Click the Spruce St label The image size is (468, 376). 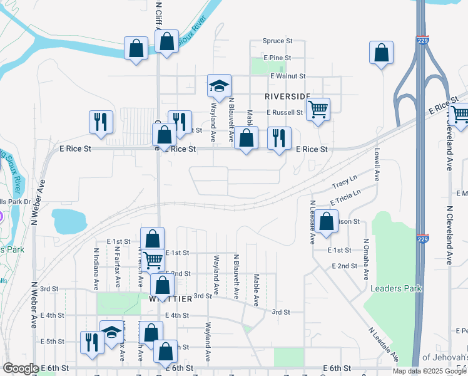[x=277, y=41]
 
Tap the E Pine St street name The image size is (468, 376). [x=277, y=58]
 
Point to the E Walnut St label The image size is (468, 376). [x=287, y=76]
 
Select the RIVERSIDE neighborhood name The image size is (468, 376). [x=287, y=96]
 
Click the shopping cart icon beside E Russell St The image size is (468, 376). [x=318, y=110]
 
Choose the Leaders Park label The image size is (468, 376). [x=396, y=288]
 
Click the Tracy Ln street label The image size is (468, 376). [x=344, y=184]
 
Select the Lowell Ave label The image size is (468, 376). [x=377, y=162]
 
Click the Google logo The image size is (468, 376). [x=21, y=368]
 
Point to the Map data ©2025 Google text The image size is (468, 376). [x=429, y=371]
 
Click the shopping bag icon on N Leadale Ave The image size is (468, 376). [x=326, y=222]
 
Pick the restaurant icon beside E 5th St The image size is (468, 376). [x=92, y=342]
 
